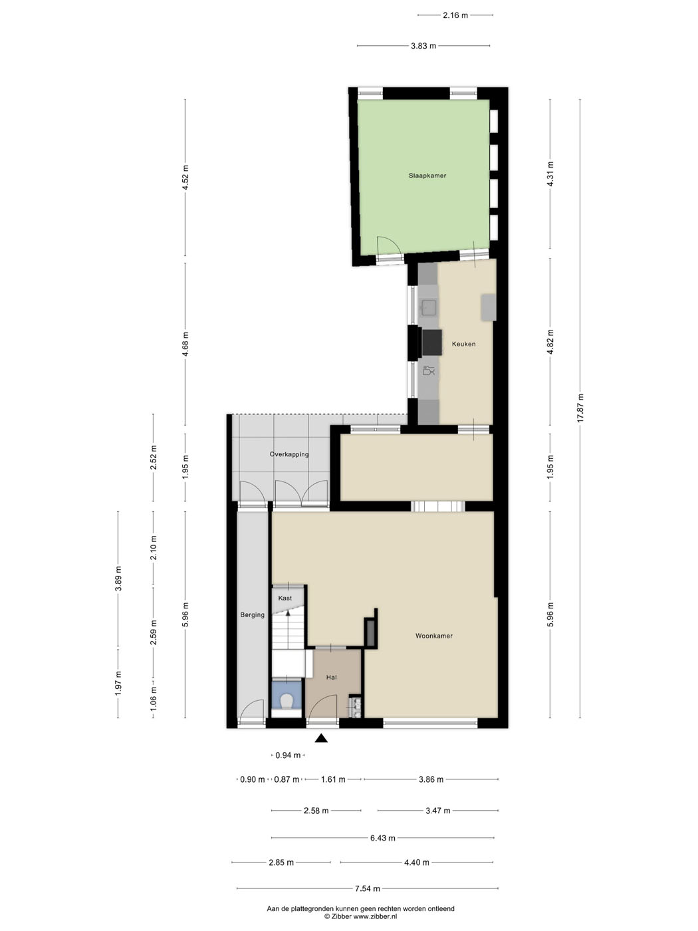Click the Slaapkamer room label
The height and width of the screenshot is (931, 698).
click(427, 176)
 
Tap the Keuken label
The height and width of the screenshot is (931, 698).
click(463, 344)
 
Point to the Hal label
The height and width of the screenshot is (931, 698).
click(332, 678)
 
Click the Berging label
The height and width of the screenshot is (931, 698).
click(253, 614)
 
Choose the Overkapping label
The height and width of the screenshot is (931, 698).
click(289, 454)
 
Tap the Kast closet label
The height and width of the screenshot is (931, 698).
click(285, 598)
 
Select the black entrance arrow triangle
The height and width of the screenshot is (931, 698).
click(322, 738)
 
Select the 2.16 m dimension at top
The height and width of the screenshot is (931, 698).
click(455, 15)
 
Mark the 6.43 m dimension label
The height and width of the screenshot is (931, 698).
click(383, 838)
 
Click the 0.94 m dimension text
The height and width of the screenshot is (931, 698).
click(288, 755)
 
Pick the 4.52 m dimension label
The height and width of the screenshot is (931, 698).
click(185, 178)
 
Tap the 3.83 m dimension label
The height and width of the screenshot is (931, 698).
click(423, 46)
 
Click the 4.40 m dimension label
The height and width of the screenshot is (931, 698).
click(417, 863)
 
